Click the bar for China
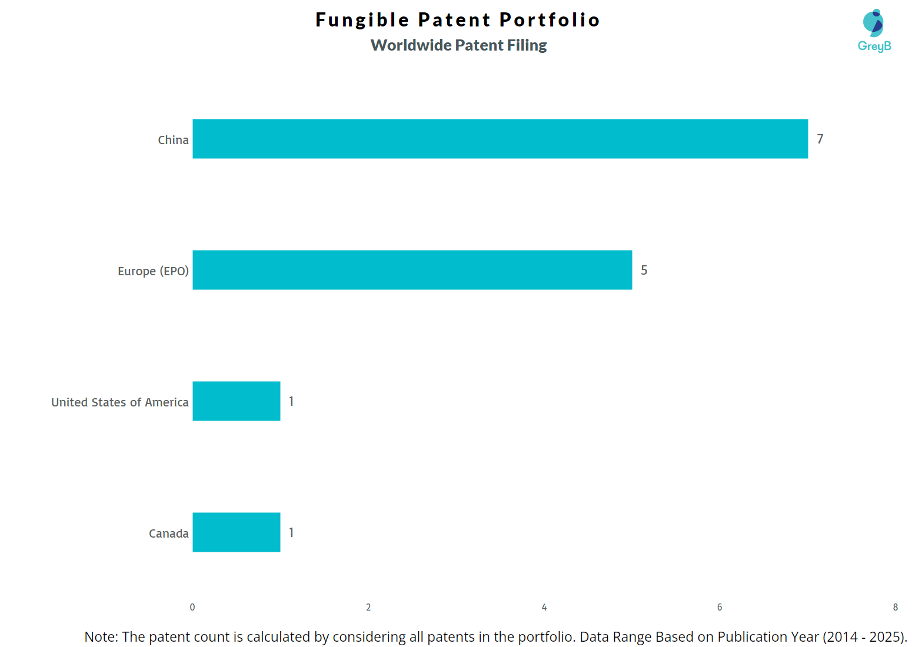(500, 139)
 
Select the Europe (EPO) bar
(412, 270)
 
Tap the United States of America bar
(236, 401)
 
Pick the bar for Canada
(236, 532)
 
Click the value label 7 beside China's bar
(820, 139)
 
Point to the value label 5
(644, 270)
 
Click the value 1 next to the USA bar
(291, 401)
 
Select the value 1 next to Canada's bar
(291, 532)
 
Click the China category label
(173, 140)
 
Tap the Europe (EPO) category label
(153, 271)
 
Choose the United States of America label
(120, 402)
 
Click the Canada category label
(168, 533)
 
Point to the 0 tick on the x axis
(192, 607)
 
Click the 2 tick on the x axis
(368, 607)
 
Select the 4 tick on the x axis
(544, 607)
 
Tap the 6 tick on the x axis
(720, 607)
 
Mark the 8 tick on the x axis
(896, 607)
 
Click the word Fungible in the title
(362, 20)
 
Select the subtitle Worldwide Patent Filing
(458, 45)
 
